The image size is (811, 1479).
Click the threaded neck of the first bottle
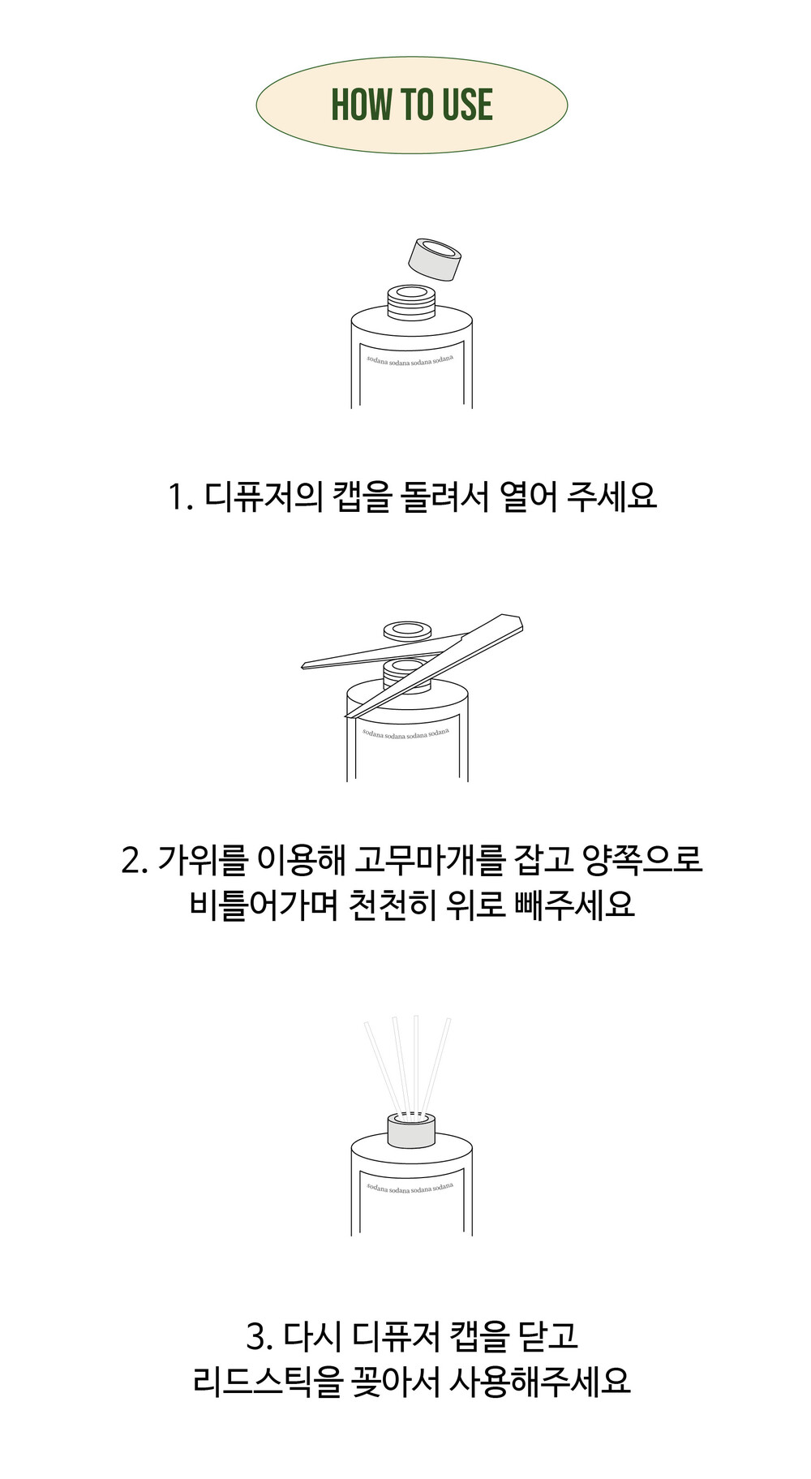(x=412, y=301)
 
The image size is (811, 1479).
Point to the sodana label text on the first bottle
(x=410, y=359)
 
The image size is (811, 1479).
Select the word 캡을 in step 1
(x=362, y=496)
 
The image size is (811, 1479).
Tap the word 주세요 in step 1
(x=611, y=496)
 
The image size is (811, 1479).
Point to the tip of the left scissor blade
(x=303, y=666)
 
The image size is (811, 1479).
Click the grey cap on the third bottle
(x=411, y=1130)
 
